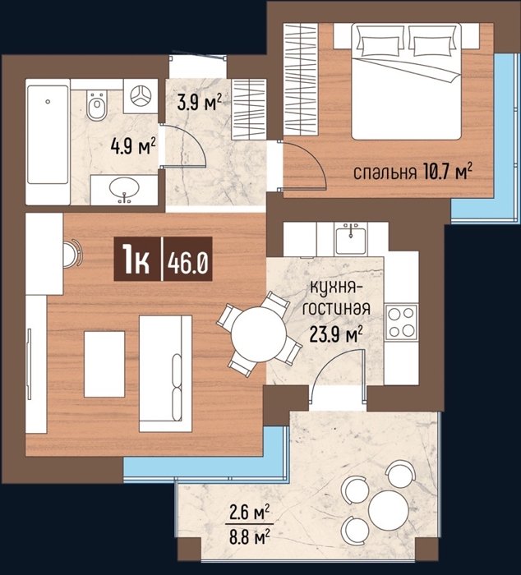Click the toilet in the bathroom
point(97,104)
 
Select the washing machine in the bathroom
point(141,96)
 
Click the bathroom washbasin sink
point(124,189)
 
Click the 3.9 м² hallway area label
point(200,102)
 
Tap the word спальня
point(385,172)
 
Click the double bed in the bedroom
point(406,81)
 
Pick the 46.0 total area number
point(188,264)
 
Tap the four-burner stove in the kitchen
point(401,323)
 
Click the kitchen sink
point(351,239)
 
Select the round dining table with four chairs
point(259,333)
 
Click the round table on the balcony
point(389,510)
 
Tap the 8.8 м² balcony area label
point(250,537)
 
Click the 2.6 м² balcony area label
point(250,513)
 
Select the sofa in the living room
point(165,373)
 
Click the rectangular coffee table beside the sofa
point(104,364)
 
